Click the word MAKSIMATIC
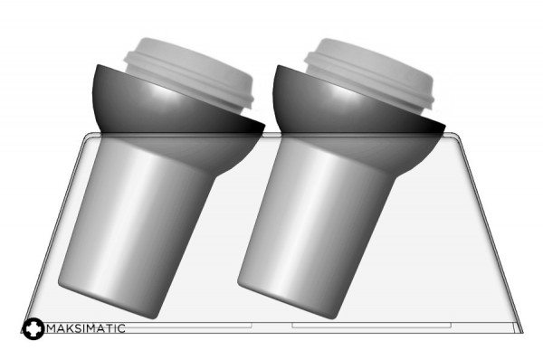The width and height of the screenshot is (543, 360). pos(86,328)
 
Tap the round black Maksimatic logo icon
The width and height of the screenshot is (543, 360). pos(33,328)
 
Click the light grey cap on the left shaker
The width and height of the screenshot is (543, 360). pos(190,74)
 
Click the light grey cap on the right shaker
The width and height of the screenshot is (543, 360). pos(370,73)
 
